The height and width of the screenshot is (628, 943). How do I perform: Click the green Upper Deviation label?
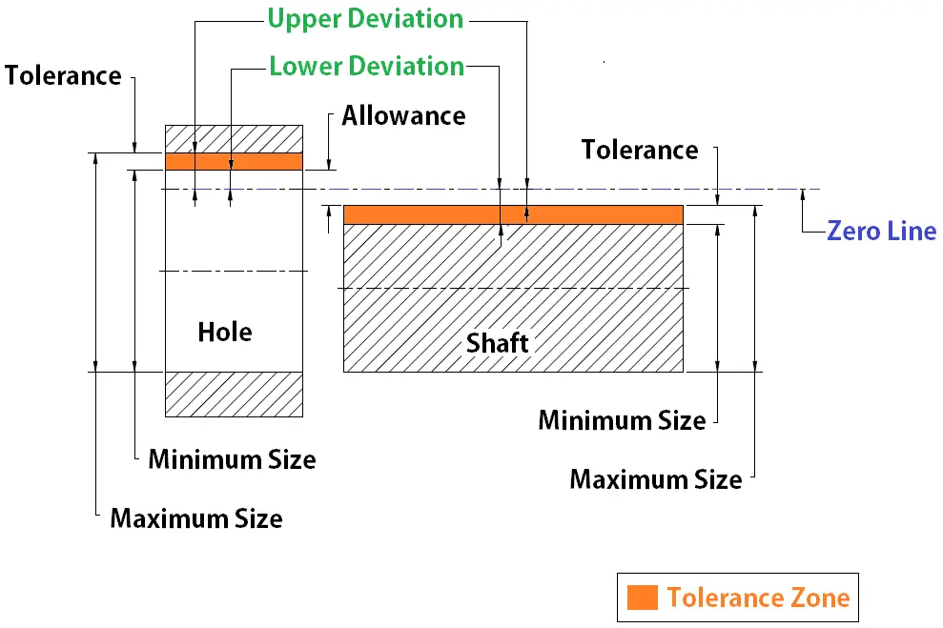365,19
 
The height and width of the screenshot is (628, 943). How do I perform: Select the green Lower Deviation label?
367,66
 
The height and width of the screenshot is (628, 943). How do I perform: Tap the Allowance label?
403,115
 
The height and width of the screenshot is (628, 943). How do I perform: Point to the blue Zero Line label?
882,231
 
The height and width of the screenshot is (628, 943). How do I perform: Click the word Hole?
225,332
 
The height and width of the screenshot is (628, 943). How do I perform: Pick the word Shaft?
498,343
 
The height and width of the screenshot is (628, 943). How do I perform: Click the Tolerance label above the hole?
63,75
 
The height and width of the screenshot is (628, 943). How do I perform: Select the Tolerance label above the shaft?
640,150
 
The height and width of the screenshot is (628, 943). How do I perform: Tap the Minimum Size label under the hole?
232,459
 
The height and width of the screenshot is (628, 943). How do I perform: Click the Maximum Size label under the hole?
196,518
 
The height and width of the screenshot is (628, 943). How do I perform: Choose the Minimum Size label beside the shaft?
622,420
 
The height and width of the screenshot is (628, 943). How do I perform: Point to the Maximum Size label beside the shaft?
656,479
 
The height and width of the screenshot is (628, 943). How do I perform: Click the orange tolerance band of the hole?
234,162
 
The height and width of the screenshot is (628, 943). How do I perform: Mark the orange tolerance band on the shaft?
513,214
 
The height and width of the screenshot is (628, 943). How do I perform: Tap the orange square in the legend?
643,598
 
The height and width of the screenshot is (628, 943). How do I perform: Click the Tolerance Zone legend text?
758,598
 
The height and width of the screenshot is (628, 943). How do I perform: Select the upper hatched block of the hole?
234,139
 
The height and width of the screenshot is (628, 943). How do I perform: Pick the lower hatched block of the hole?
234,395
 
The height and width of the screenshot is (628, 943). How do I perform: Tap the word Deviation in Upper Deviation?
406,19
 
